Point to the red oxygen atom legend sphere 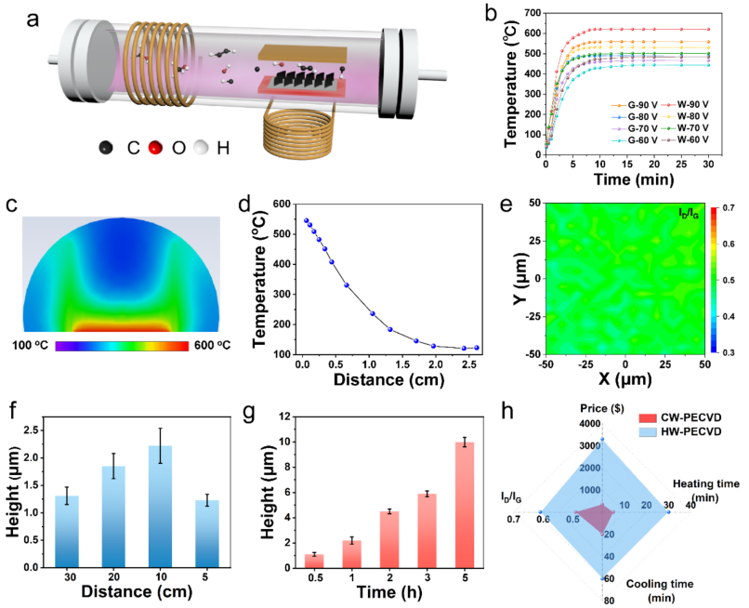coord(154,148)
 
